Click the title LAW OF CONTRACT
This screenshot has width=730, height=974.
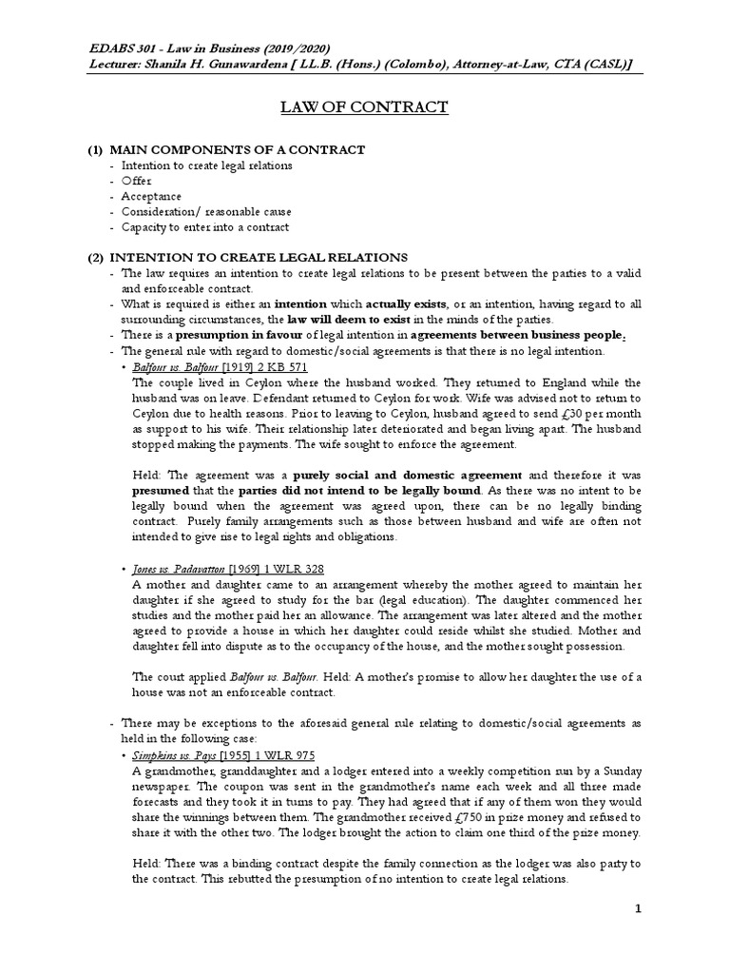(x=365, y=107)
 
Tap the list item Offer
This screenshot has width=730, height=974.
(x=136, y=181)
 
